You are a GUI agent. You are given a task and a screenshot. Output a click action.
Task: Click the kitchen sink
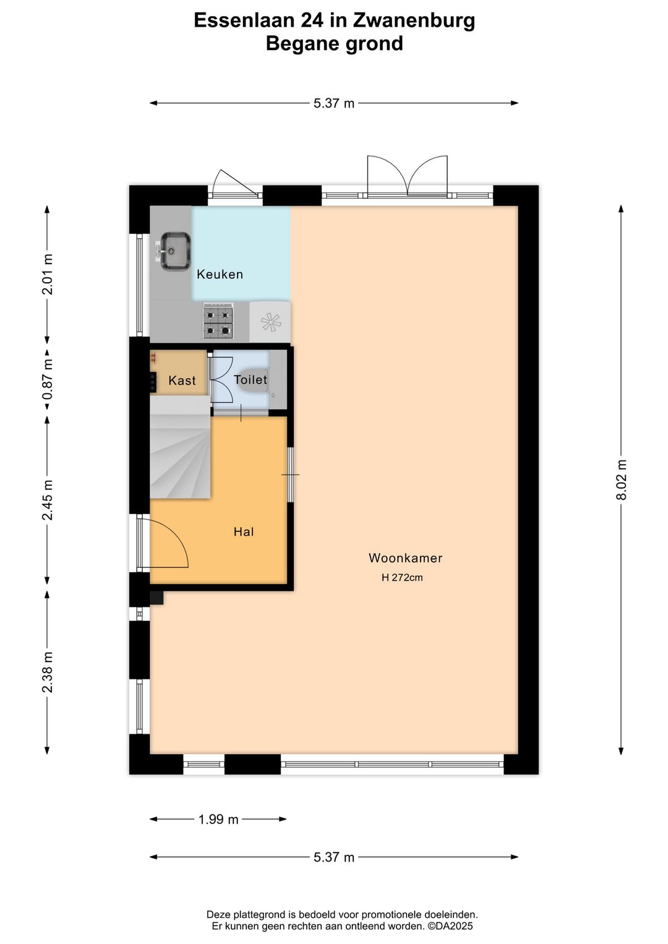[175, 251]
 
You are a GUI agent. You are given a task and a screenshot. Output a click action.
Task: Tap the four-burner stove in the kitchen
[218, 322]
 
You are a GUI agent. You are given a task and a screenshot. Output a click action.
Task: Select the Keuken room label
[220, 274]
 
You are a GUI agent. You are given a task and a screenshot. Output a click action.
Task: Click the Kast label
[182, 380]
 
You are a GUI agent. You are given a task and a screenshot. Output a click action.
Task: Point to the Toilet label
[250, 379]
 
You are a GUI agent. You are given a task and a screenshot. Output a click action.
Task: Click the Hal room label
[244, 531]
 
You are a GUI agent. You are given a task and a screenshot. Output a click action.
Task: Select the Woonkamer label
[405, 558]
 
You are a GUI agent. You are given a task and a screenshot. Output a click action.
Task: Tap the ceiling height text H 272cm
[402, 578]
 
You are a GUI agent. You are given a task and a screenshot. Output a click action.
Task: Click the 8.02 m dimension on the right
[622, 480]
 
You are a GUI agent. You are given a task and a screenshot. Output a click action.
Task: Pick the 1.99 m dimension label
[218, 819]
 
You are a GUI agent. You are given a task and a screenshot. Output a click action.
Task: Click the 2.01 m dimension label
[48, 274]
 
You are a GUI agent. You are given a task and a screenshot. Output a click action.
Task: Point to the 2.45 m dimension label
[48, 500]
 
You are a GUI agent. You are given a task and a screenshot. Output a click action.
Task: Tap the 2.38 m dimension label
[48, 672]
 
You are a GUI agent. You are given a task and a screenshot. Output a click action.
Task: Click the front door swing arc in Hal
[170, 541]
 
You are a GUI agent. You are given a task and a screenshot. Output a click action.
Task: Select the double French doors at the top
[407, 176]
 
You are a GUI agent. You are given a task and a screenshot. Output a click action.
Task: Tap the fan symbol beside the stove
[270, 322]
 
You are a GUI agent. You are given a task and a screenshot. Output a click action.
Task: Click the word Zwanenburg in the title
[414, 20]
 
